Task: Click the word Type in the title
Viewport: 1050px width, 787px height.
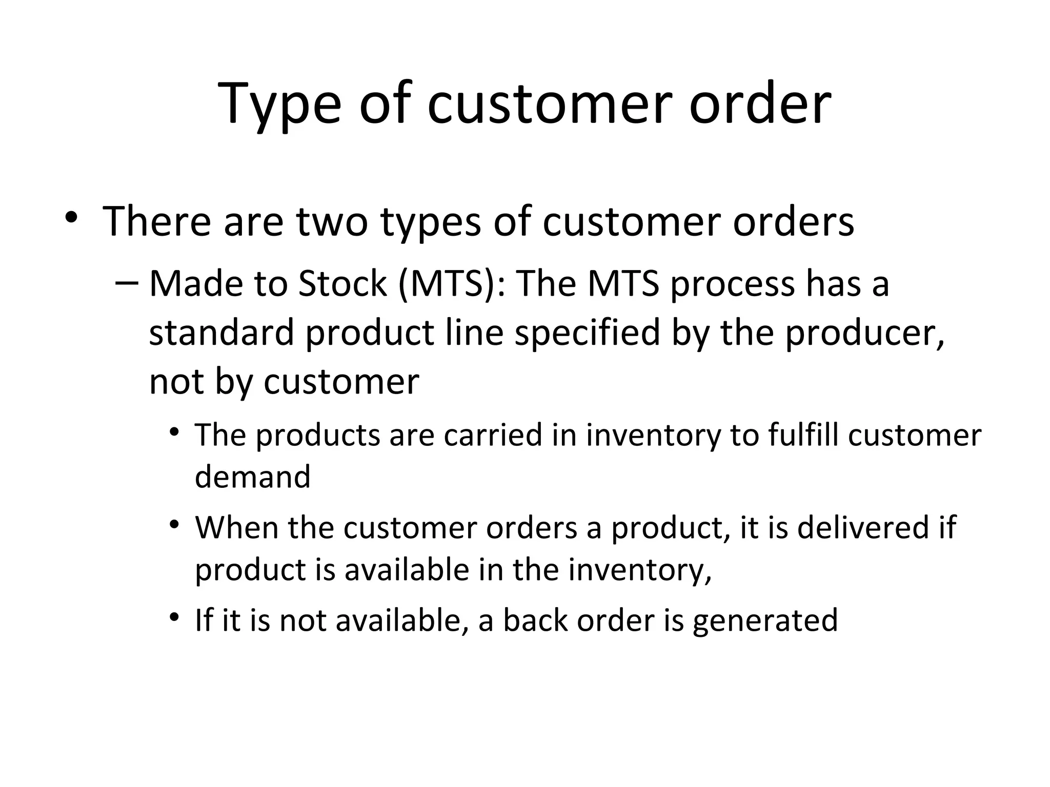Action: pos(279,105)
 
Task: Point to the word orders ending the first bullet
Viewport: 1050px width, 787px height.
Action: pos(793,221)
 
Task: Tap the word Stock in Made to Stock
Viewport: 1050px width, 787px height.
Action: pos(342,283)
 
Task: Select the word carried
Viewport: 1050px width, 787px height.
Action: pos(493,435)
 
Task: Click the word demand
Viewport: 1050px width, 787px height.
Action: pos(253,477)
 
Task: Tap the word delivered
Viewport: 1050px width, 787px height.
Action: pos(863,527)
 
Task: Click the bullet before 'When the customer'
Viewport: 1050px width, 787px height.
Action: pos(175,525)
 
